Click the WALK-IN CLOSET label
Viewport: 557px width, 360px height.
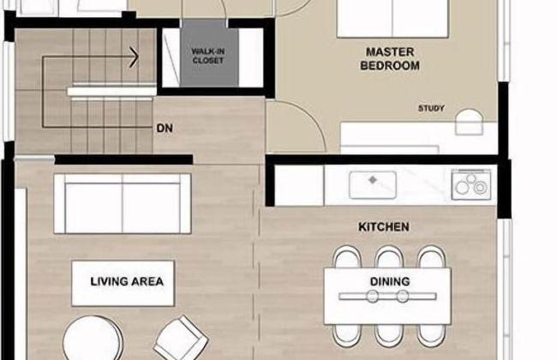click(208, 57)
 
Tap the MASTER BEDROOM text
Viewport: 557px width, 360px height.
click(390, 59)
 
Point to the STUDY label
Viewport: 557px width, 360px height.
click(431, 108)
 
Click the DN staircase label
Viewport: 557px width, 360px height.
click(165, 129)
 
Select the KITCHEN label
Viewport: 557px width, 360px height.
click(384, 227)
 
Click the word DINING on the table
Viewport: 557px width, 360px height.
click(390, 281)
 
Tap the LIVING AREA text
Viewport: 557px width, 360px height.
click(127, 281)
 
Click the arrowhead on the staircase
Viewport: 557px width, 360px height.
click(135, 57)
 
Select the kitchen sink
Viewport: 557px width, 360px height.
click(372, 185)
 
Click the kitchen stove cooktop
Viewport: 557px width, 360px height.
click(471, 184)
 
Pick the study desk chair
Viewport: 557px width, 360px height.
click(470, 122)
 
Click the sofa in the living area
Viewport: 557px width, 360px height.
click(123, 204)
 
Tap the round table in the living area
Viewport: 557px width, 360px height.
click(93, 339)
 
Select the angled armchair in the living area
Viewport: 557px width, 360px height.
click(181, 339)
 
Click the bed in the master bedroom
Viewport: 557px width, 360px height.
click(392, 19)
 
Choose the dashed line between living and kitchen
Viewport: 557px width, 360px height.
click(255, 263)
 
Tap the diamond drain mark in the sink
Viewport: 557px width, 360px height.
click(372, 180)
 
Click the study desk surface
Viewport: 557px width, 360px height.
click(418, 138)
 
